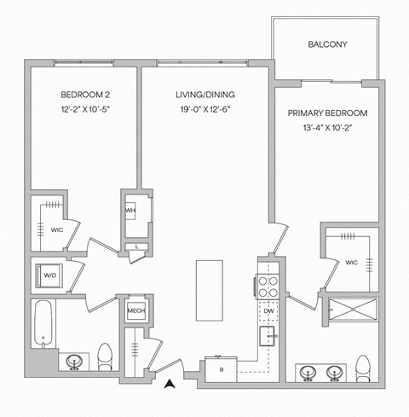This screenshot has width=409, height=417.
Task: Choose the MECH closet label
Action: coord(135,313)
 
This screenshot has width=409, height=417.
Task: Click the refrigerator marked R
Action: coord(220,371)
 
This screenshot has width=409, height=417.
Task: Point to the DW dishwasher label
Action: coord(268,311)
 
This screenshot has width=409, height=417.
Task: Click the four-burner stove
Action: coord(268,287)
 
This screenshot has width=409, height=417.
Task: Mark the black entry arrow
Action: coord(170,384)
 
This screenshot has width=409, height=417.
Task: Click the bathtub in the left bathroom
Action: coord(44,324)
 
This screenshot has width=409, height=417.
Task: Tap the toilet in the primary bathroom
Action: coord(364,368)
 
